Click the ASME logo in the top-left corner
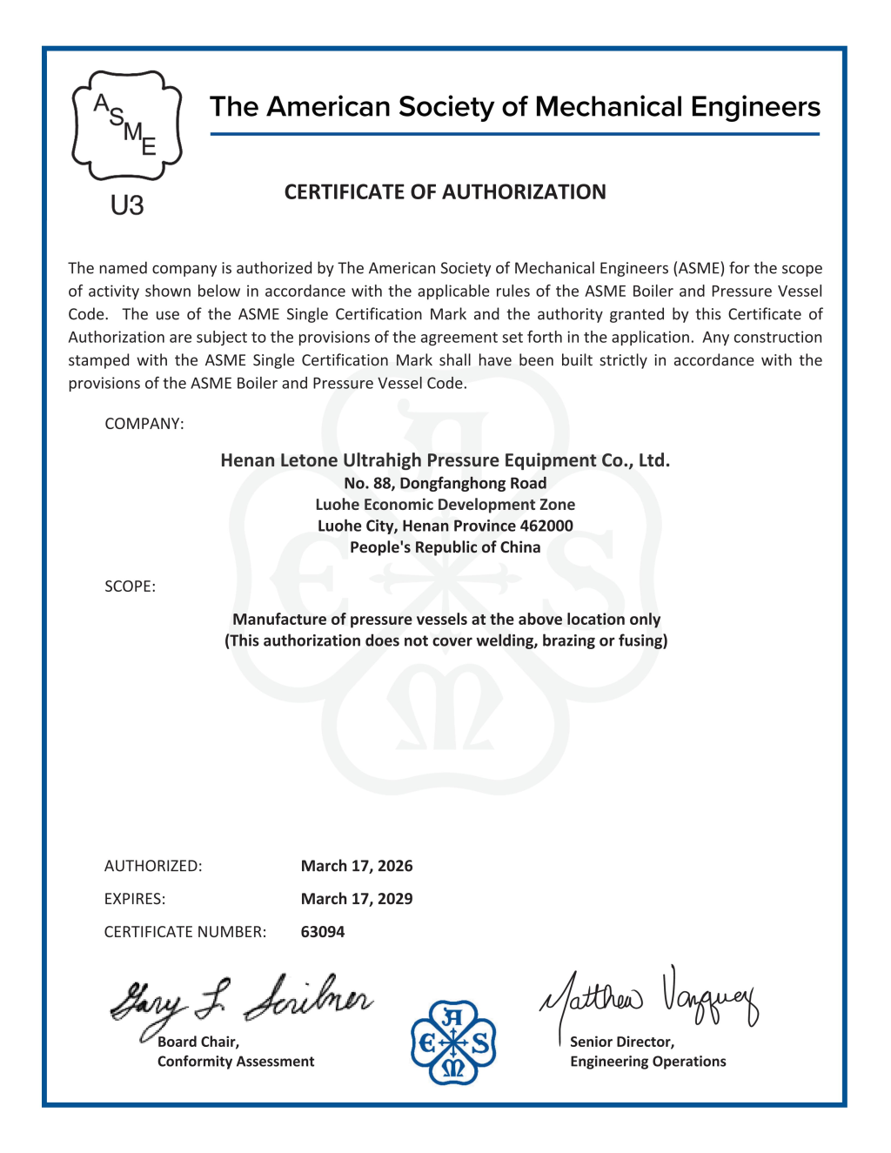pyautogui.click(x=127, y=126)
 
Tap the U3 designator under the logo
pyautogui.click(x=127, y=206)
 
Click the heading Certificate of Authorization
pyautogui.click(x=445, y=191)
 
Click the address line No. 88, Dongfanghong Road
pyautogui.click(x=445, y=483)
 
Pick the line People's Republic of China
pyautogui.click(x=445, y=547)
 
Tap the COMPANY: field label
pyautogui.click(x=144, y=424)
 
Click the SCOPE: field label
pyautogui.click(x=131, y=587)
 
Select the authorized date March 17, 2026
pyautogui.click(x=357, y=866)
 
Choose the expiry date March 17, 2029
pyautogui.click(x=357, y=899)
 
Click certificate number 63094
pyautogui.click(x=323, y=932)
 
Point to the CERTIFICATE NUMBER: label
pyautogui.click(x=185, y=932)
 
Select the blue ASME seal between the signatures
pyautogui.click(x=453, y=1042)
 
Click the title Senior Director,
pyautogui.click(x=622, y=1042)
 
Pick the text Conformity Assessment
pyautogui.click(x=236, y=1062)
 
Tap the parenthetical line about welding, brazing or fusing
pyautogui.click(x=446, y=641)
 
